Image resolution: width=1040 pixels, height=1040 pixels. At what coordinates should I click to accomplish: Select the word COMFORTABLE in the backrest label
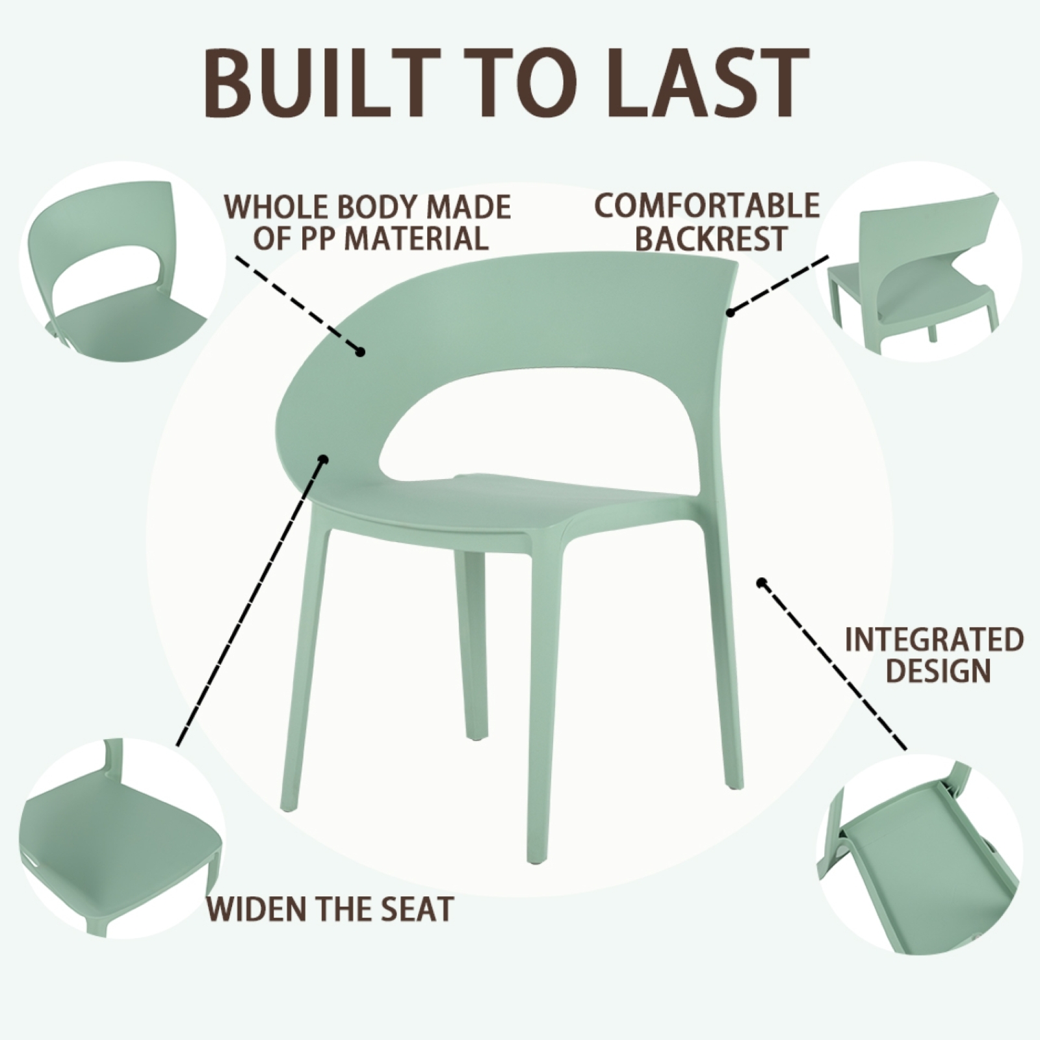point(707,205)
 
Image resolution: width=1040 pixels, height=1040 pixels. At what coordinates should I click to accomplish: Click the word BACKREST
point(711,238)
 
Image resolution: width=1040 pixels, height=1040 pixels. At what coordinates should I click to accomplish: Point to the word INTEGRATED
point(934,640)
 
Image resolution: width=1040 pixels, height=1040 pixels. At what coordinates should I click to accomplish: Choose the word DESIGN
point(938,671)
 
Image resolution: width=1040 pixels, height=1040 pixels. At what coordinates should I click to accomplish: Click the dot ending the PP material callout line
point(360,352)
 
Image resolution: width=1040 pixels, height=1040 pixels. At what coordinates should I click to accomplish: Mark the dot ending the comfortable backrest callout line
point(730,313)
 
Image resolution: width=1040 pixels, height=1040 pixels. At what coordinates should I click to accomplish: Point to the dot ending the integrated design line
point(761,582)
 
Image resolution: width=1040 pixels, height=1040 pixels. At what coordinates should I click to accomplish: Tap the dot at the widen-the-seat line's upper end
point(323,459)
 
